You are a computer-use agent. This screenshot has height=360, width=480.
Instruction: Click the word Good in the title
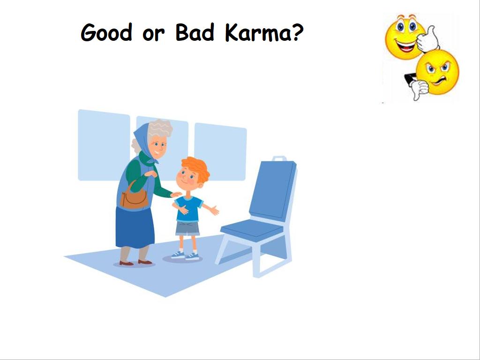coord(106,32)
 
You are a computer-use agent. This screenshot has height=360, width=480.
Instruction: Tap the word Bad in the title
coord(195,32)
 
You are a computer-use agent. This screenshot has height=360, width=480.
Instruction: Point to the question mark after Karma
coord(297,32)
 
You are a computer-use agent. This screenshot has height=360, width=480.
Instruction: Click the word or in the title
coord(154,34)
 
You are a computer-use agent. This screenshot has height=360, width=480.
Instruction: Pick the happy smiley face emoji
coord(405,36)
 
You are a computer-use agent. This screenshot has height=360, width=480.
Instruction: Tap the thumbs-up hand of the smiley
coord(428,38)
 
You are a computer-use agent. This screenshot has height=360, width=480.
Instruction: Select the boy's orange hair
coord(196,168)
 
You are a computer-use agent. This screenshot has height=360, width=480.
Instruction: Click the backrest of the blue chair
coord(272,190)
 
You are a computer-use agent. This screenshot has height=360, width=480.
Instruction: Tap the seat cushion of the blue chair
coord(252,230)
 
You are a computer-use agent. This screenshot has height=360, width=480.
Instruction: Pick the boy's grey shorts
coord(187,228)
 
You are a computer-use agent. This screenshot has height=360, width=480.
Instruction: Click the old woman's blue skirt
coord(135,227)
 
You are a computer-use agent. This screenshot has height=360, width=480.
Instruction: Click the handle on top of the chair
coord(279,158)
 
